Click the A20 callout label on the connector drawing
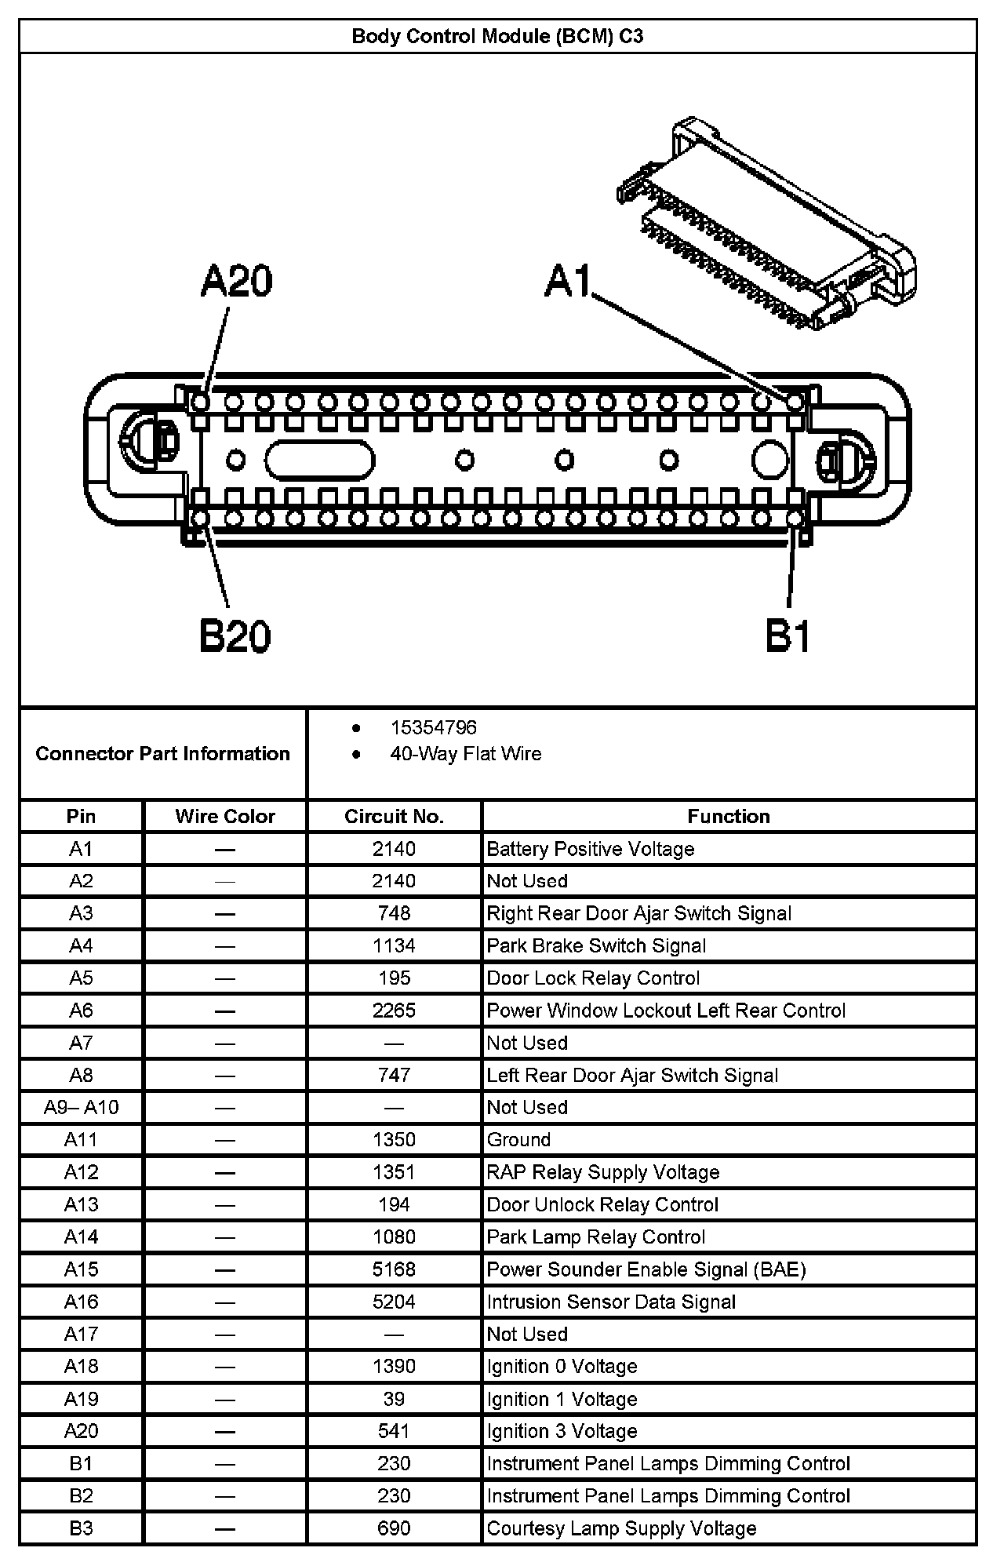[236, 282]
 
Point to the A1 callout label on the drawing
[567, 280]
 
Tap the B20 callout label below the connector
[235, 636]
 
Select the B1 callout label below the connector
[788, 636]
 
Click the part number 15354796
[433, 727]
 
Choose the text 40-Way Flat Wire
[466, 754]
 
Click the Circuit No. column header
[394, 816]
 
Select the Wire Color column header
[225, 816]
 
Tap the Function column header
[729, 816]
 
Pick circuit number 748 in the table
[394, 913]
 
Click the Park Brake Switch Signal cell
[596, 945]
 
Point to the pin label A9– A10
[82, 1107]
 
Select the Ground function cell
[518, 1139]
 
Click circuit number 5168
[394, 1269]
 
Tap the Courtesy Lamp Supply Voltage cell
[621, 1528]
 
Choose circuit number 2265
[394, 1011]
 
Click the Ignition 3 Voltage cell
[562, 1431]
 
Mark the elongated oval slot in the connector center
[319, 460]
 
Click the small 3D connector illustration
[767, 224]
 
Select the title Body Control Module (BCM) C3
[497, 36]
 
